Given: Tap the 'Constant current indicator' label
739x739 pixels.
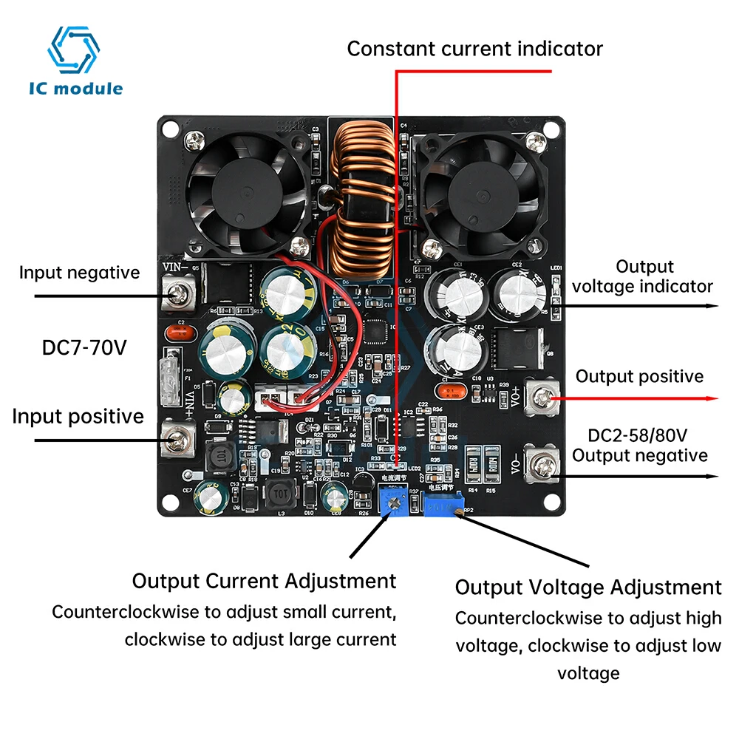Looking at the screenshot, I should [474, 49].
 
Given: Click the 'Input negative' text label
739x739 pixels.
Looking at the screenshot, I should [79, 273].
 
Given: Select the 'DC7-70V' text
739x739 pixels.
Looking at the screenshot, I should [84, 347].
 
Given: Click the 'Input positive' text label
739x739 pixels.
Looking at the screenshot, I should [78, 417].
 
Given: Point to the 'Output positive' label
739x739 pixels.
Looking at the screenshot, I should [639, 377].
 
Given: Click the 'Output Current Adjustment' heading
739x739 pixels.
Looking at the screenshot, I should [264, 581].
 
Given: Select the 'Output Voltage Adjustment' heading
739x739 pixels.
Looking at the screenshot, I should [588, 588].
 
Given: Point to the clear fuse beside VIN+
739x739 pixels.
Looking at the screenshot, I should [172, 367].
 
